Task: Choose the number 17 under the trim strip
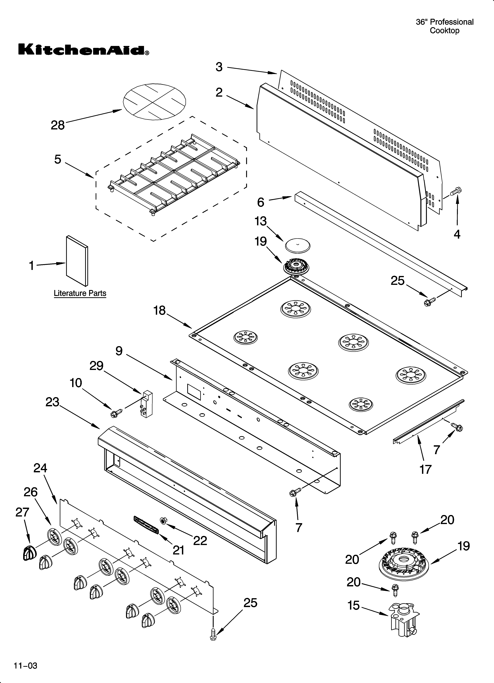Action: point(425,469)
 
